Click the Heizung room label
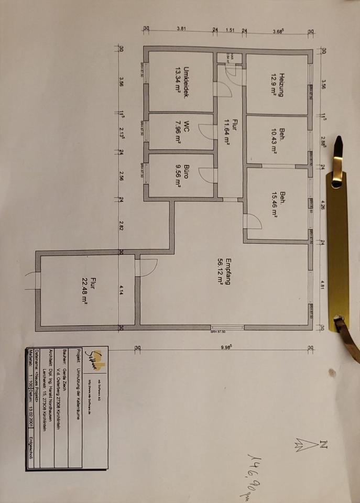click(281, 85)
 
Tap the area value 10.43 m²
click(274, 140)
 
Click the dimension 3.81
click(181, 29)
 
